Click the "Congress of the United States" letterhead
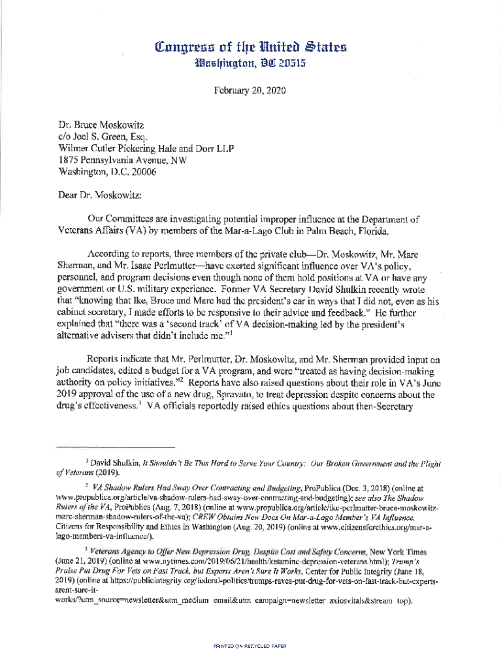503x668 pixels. coord(250,47)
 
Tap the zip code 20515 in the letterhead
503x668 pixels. coord(285,63)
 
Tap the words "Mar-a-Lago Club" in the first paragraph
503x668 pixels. coord(284,230)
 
